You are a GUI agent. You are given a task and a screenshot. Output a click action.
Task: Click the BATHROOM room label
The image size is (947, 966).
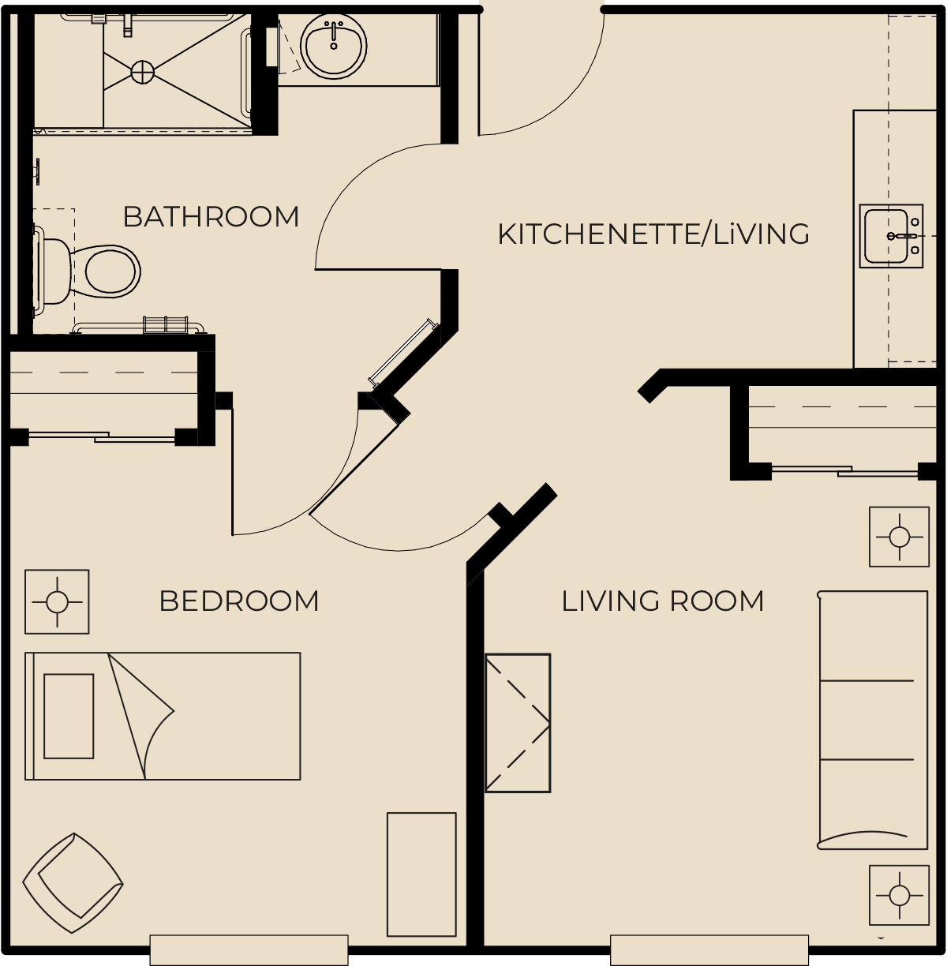pyautogui.click(x=211, y=216)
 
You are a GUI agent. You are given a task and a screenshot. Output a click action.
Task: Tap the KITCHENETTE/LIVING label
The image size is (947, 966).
pyautogui.click(x=653, y=234)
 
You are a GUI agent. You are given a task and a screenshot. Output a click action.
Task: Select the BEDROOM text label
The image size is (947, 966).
pyautogui.click(x=238, y=601)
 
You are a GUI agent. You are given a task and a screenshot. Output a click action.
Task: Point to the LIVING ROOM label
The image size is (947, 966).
pyautogui.click(x=662, y=601)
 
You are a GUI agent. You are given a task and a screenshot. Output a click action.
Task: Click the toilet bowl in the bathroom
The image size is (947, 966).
pyautogui.click(x=111, y=271)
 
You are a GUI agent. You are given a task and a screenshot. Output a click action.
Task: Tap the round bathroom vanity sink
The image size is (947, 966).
pyautogui.click(x=333, y=46)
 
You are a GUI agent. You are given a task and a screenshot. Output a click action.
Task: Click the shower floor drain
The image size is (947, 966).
pyautogui.click(x=142, y=72)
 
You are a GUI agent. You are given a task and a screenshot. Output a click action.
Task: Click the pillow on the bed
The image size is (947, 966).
pyautogui.click(x=69, y=716)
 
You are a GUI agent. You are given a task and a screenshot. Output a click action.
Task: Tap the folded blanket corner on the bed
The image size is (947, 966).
pyautogui.click(x=141, y=714)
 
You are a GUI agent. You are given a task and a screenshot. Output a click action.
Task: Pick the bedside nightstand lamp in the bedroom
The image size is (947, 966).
pyautogui.click(x=57, y=601)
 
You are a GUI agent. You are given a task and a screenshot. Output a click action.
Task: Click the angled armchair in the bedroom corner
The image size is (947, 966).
pyautogui.click(x=73, y=883)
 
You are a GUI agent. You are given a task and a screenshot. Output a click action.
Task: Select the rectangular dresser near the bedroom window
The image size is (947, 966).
pyautogui.click(x=421, y=874)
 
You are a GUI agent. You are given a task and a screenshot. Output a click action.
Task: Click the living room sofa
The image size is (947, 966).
pyautogui.click(x=873, y=720)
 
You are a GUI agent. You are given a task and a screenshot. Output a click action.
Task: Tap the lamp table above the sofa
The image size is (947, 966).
pyautogui.click(x=900, y=537)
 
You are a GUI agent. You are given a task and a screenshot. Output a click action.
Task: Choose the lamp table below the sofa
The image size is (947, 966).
pyautogui.click(x=900, y=895)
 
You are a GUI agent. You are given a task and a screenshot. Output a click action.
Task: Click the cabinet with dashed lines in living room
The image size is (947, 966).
pyautogui.click(x=518, y=723)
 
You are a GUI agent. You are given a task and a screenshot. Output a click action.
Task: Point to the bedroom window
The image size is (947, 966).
pyautogui.click(x=249, y=949)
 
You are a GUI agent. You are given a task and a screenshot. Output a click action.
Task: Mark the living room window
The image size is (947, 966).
pyautogui.click(x=709, y=949)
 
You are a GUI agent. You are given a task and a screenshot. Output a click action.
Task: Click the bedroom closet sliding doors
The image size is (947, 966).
pyautogui.click(x=102, y=436)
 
